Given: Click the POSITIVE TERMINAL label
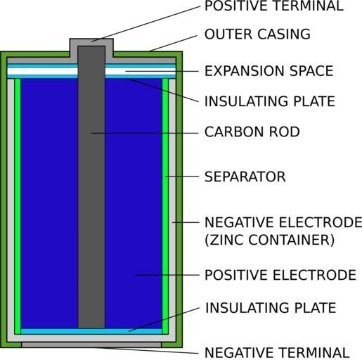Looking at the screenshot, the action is [x=274, y=6].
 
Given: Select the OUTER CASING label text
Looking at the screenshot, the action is [x=257, y=34].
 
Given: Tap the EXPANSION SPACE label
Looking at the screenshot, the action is [x=269, y=71].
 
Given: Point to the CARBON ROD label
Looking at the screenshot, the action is [x=252, y=131].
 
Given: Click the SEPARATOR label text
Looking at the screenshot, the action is [x=245, y=176].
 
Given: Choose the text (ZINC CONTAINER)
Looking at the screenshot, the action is [x=270, y=240].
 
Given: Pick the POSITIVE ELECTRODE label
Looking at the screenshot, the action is [x=280, y=275].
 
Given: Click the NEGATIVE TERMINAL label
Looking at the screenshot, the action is [x=277, y=352].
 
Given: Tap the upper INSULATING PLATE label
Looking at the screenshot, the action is [x=270, y=101].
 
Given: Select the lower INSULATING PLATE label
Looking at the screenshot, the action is [x=271, y=308].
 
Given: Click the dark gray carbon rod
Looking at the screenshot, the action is [x=91, y=187].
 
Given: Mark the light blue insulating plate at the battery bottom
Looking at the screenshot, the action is [x=91, y=331].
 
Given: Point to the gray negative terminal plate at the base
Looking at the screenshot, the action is [x=91, y=345].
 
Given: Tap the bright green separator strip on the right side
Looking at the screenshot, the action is [x=165, y=206].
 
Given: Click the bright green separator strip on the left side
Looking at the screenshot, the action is [x=18, y=206].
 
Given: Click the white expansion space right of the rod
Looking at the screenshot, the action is [x=141, y=71].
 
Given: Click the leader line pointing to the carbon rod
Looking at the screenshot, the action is [x=145, y=133].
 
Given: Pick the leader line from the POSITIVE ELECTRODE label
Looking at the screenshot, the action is [x=167, y=275].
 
